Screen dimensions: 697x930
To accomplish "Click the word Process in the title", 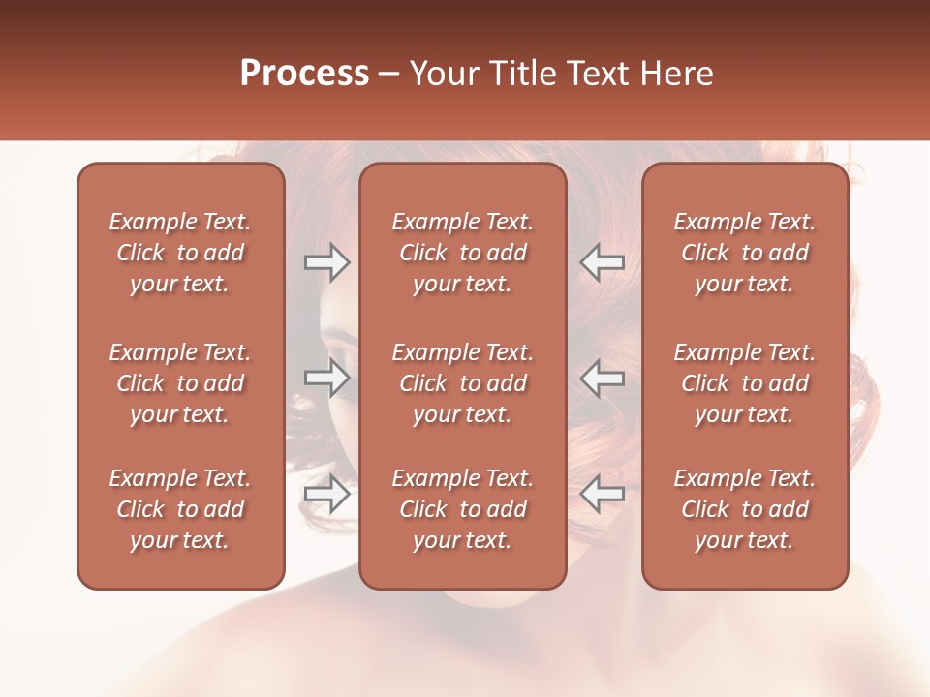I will [304, 74].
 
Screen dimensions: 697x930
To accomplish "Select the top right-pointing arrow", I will [326, 261].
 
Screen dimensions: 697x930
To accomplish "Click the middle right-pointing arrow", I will [326, 378].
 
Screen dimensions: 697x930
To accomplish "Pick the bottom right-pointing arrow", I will [326, 494].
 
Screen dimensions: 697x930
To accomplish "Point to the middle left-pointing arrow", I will [602, 378].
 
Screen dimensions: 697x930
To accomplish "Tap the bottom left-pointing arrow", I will [602, 494].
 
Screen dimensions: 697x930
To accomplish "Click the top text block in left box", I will [180, 253].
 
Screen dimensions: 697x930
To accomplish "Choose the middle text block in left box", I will [180, 383].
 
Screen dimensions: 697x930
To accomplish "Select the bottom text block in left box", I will [180, 509].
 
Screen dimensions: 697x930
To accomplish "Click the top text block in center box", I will [462, 253].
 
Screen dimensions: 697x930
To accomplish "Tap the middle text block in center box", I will [462, 383].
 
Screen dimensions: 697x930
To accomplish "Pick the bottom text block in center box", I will [462, 509].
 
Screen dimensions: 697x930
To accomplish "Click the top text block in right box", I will [744, 253].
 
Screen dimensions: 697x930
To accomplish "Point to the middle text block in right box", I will [744, 383].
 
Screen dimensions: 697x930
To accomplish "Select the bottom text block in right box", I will [744, 509].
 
